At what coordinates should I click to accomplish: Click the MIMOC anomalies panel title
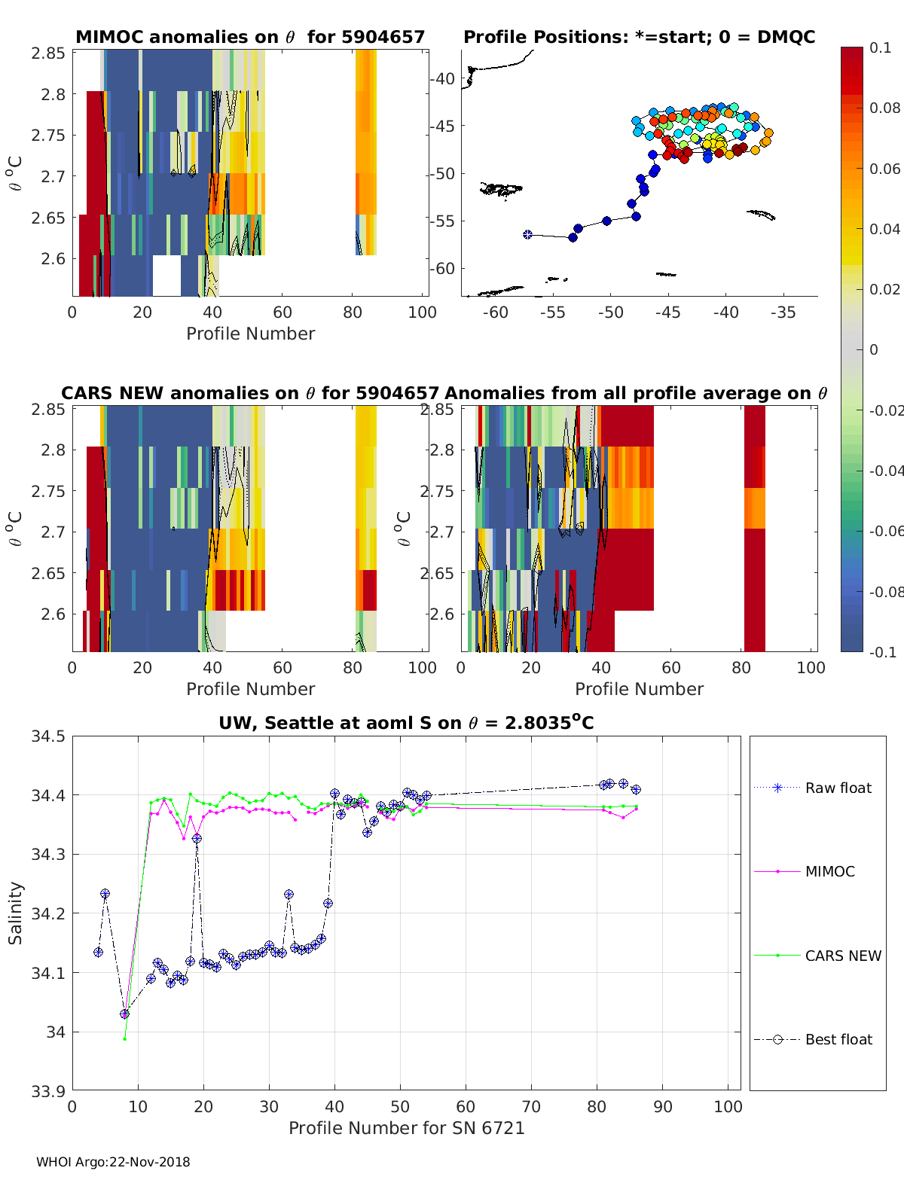point(250,37)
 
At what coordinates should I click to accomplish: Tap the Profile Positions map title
point(639,37)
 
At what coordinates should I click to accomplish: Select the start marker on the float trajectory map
point(527,235)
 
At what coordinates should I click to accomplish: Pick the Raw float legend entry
point(838,788)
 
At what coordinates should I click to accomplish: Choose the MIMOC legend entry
point(829,871)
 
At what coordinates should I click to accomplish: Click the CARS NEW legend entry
point(842,956)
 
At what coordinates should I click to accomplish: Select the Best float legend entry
point(838,1039)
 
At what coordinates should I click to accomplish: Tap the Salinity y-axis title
point(15,913)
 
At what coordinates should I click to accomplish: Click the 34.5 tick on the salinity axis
point(47,736)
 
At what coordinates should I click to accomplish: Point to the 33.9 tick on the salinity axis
point(47,1090)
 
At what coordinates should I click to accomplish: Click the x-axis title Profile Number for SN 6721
point(406,1128)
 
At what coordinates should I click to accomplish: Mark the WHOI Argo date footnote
point(113,1162)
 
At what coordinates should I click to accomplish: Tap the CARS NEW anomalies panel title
point(249,393)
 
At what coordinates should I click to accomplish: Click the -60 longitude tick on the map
point(496,313)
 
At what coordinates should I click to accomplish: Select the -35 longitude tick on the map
point(783,313)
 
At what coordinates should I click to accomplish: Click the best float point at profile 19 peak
point(197,838)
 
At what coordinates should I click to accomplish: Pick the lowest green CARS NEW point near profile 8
point(125,1038)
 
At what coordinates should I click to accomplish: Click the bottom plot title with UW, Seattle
point(406,723)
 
